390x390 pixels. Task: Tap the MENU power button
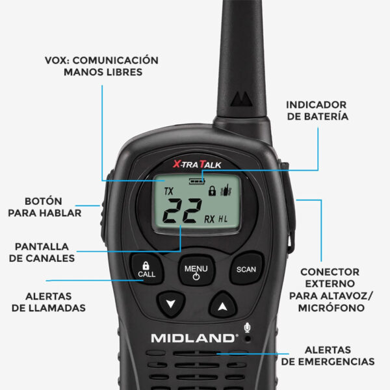(196, 270)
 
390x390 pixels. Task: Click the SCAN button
(246, 268)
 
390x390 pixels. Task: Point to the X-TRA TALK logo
(197, 164)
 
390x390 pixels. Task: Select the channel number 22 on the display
(182, 211)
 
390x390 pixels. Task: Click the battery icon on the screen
(197, 181)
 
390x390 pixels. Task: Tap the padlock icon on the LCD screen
(212, 190)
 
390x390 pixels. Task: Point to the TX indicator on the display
(168, 191)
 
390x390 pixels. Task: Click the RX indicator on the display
(209, 219)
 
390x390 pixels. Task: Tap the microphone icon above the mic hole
(247, 328)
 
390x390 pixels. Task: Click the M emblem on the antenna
(241, 99)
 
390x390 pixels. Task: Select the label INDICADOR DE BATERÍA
(317, 110)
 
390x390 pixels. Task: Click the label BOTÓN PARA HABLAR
(44, 207)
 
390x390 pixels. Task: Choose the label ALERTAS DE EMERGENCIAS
(328, 356)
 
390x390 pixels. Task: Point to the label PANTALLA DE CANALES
(42, 252)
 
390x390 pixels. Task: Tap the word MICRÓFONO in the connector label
(331, 308)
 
